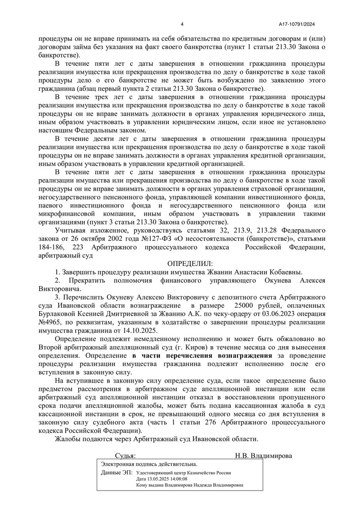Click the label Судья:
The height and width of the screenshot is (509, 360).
pyautogui.click(x=125, y=455)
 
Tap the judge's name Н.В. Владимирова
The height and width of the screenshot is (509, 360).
pyautogui.click(x=263, y=455)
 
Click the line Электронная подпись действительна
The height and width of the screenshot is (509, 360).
pyautogui.click(x=149, y=464)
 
